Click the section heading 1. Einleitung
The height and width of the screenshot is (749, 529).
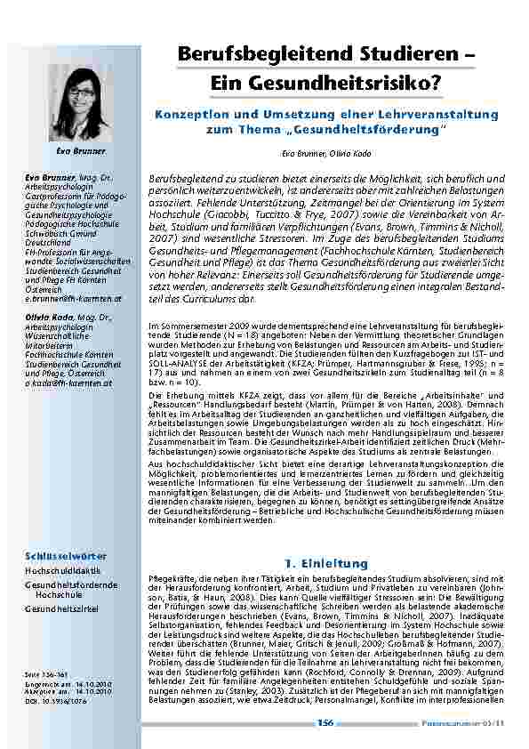point(325,564)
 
